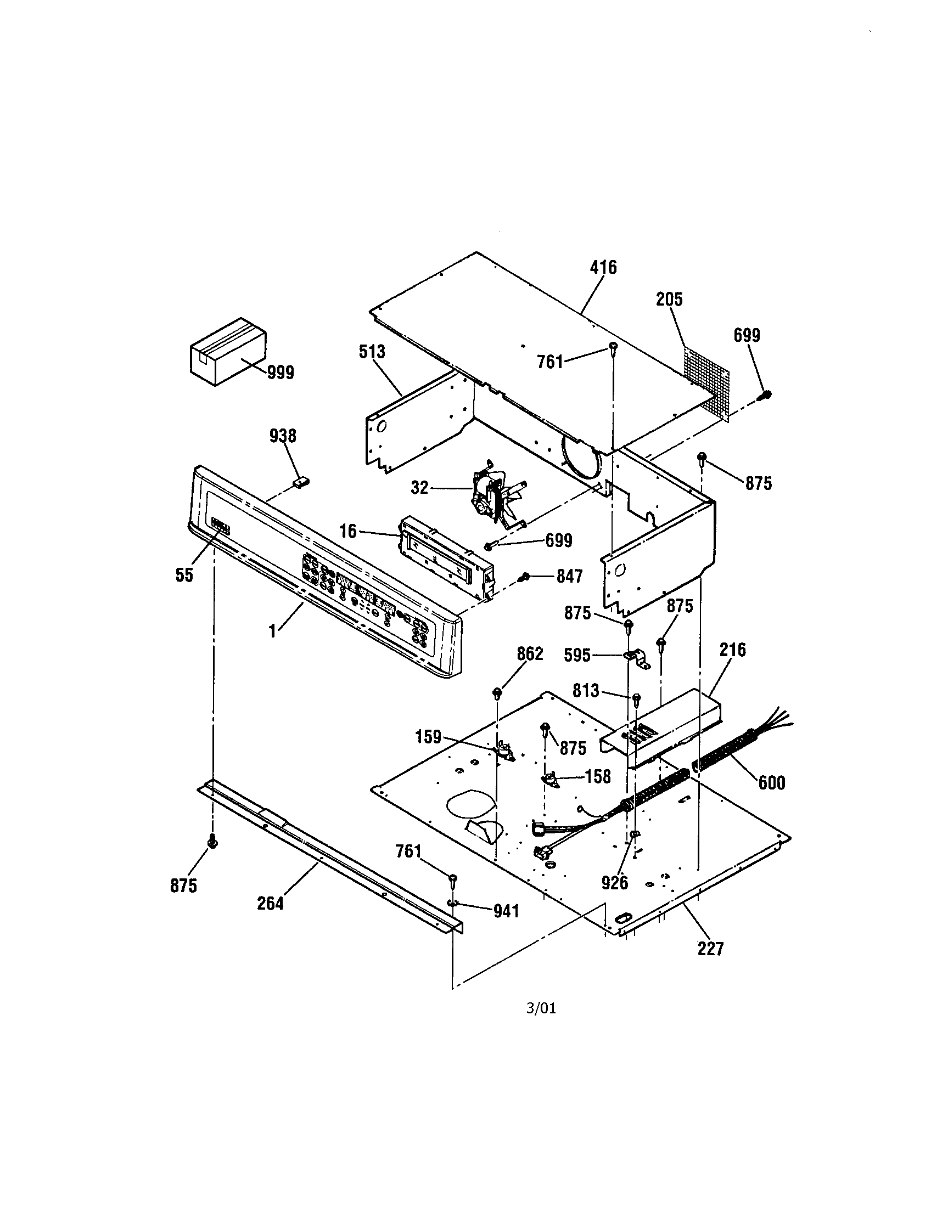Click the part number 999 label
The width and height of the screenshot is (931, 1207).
pos(281,373)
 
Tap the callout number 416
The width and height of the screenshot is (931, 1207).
pos(603,268)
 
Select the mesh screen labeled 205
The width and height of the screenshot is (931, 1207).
pos(706,382)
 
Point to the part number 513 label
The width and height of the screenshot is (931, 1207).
pos(372,352)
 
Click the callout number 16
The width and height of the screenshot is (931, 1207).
pos(347,531)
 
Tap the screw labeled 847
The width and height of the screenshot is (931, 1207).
pos(524,577)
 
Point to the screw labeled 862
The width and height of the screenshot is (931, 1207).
pos(497,691)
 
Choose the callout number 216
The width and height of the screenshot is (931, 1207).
pos(732,650)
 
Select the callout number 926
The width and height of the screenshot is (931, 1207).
pos(615,883)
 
